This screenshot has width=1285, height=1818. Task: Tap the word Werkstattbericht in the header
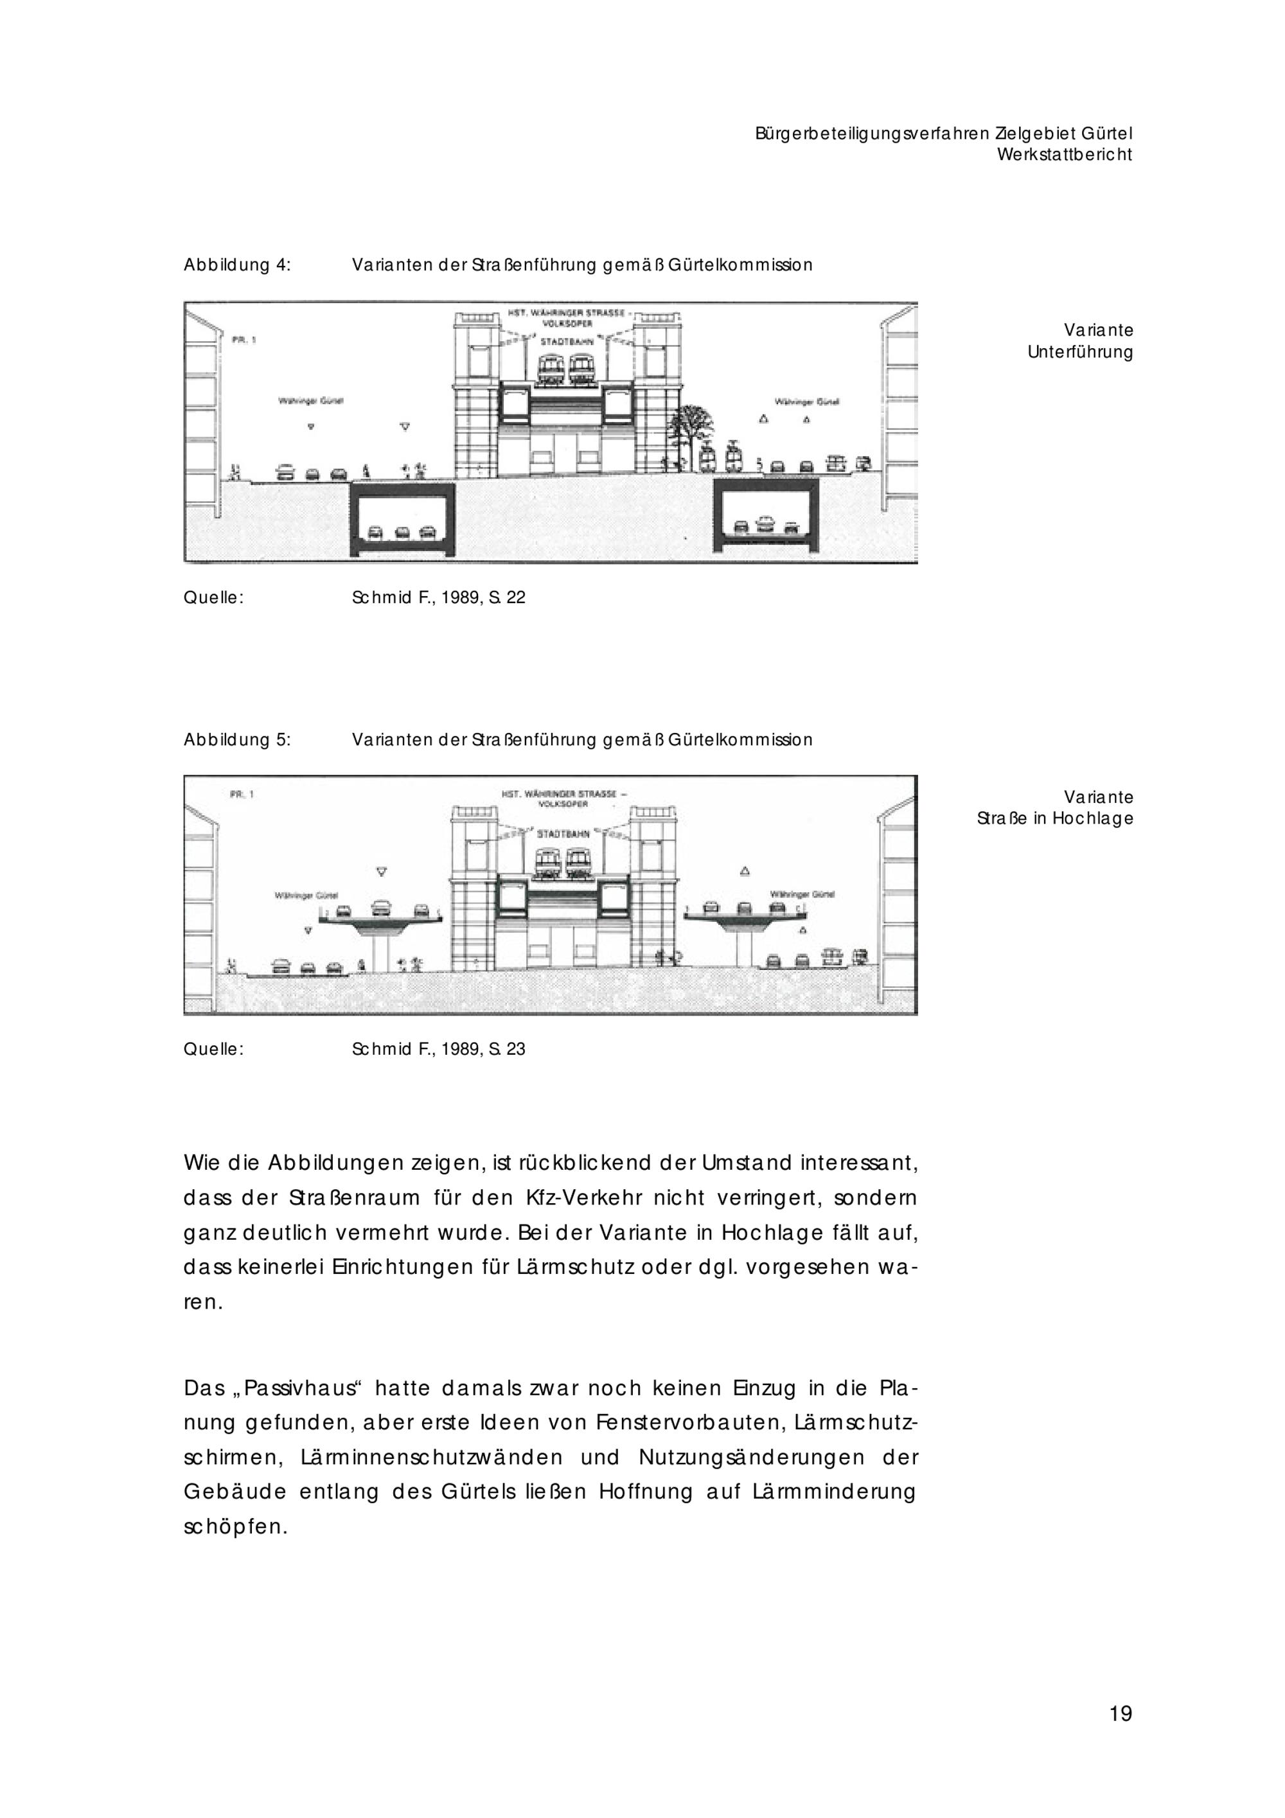pos(1064,155)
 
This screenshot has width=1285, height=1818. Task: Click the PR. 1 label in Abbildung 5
pos(242,794)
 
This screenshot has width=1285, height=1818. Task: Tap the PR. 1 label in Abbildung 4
pos(244,340)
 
